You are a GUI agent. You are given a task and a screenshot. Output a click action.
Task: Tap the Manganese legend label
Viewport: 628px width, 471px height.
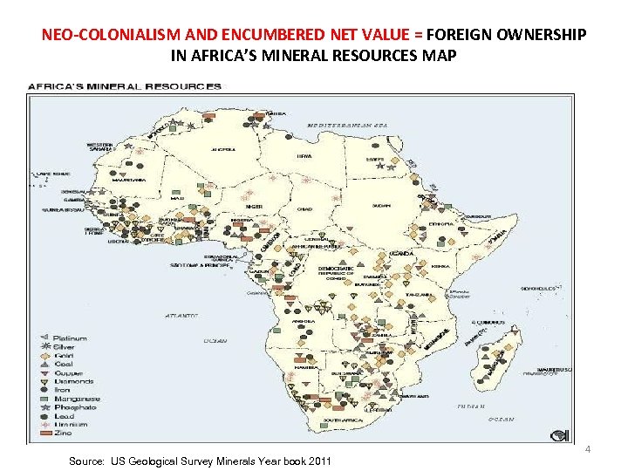[x=76, y=399]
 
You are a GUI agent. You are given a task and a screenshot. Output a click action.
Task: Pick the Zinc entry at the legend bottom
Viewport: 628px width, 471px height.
[x=64, y=433]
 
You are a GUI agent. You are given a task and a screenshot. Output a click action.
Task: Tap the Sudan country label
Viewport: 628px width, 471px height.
[x=380, y=206]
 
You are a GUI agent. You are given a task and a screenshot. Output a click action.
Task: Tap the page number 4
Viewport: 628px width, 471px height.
[x=587, y=449]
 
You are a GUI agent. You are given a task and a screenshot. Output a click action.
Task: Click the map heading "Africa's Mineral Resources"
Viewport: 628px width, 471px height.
[x=125, y=86]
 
